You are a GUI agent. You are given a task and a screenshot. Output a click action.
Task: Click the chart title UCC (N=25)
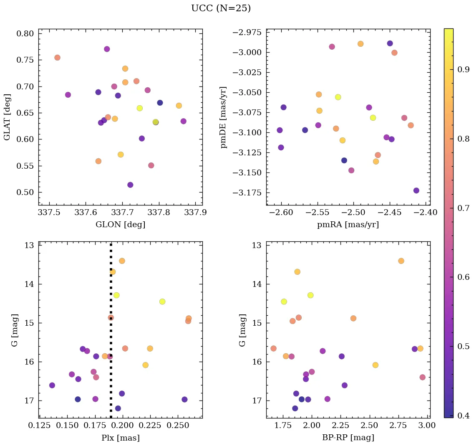pos(221,8)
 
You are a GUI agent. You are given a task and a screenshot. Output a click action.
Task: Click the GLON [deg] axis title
pos(121,225)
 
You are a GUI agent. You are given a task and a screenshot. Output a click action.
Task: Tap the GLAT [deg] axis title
pos(7,117)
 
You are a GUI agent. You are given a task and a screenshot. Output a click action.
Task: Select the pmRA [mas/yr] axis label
pos(348,225)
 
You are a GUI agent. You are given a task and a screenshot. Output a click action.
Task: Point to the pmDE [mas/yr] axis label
pos(224,117)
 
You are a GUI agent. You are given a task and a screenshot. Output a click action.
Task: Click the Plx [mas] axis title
pos(121,438)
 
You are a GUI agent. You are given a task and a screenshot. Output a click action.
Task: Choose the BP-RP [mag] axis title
pos(348,438)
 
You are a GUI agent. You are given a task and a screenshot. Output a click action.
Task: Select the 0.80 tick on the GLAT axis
pos(25,33)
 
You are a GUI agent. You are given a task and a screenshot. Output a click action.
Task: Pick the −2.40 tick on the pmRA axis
pos(426,213)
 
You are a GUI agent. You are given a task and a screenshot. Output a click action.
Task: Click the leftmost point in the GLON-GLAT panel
pos(57,58)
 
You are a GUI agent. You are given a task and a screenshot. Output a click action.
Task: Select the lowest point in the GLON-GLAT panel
pos(130,185)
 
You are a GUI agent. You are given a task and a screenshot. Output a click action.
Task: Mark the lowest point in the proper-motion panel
pos(416,190)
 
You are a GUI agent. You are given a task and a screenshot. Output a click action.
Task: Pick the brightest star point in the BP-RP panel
pos(401,261)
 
